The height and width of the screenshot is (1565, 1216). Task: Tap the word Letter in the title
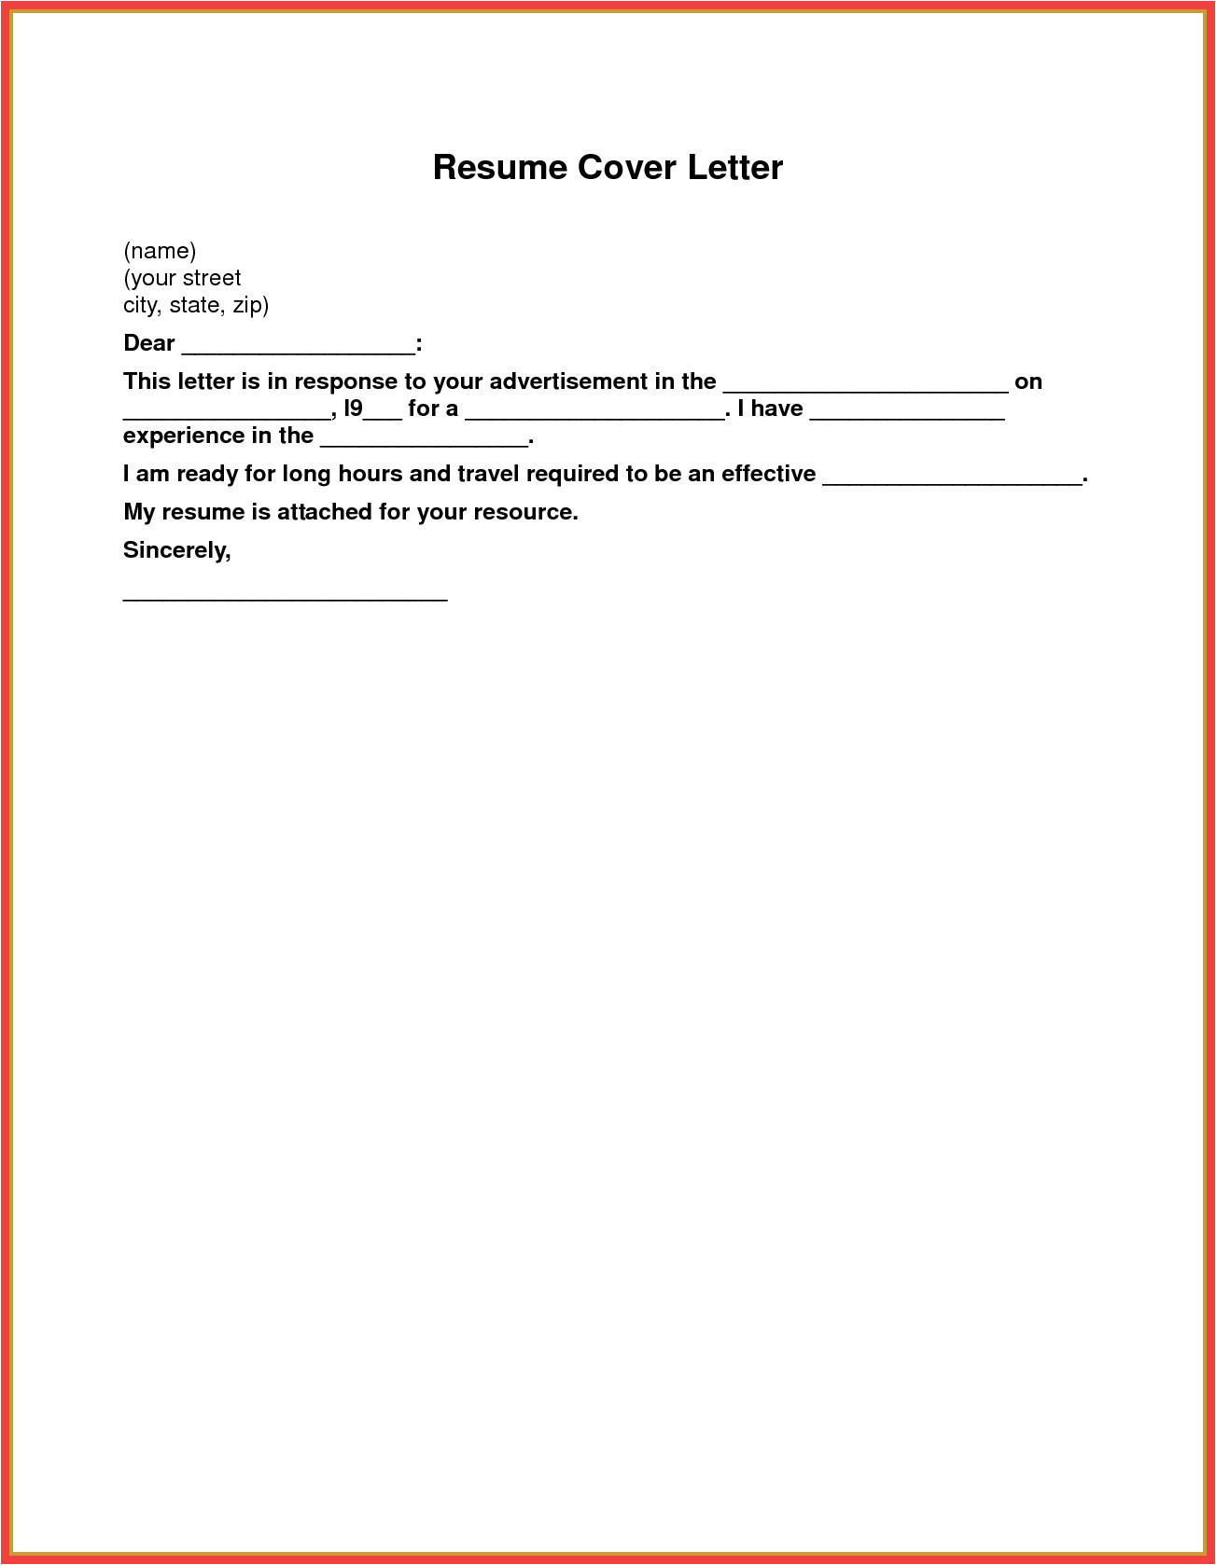tap(735, 168)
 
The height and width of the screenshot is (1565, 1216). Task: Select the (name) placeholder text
tap(160, 251)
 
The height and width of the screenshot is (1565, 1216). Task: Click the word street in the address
tap(212, 278)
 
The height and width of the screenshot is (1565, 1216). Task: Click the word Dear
tap(149, 343)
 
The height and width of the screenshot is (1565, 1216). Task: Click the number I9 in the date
tap(354, 409)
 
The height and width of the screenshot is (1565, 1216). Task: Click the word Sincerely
tap(175, 550)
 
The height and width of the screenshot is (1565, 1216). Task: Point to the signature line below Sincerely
tap(286, 598)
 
